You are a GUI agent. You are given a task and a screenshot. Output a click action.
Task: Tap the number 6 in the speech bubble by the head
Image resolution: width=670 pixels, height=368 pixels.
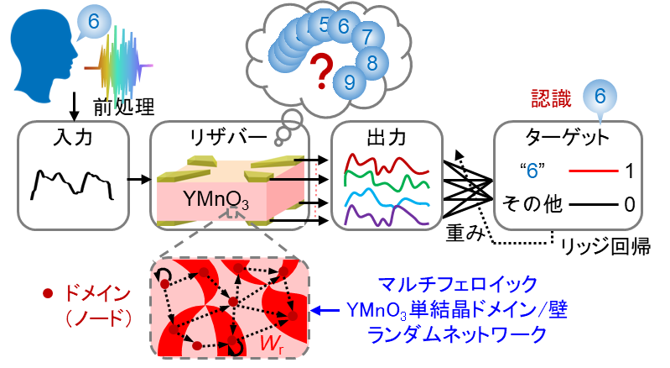tap(93, 22)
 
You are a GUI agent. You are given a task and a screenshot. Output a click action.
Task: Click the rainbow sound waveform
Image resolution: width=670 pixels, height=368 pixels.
tap(122, 66)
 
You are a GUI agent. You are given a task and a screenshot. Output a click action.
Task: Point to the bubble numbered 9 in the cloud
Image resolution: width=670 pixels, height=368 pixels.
tap(350, 81)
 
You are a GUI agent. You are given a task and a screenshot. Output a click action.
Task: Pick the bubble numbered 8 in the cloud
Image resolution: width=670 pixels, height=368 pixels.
tap(372, 61)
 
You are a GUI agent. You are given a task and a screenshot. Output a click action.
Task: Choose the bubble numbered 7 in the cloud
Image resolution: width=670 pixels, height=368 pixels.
tap(367, 37)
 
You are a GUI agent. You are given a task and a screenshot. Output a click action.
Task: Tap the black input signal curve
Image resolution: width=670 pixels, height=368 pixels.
tap(71, 183)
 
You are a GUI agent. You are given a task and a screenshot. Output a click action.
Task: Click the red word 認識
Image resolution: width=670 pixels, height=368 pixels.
tap(552, 98)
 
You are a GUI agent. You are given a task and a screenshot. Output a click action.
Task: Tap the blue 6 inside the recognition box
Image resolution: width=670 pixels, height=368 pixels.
tap(532, 171)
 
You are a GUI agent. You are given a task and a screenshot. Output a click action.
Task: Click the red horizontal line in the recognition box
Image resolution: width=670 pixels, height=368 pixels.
tap(594, 171)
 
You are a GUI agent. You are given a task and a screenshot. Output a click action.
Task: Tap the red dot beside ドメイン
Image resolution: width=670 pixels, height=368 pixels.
tap(48, 294)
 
